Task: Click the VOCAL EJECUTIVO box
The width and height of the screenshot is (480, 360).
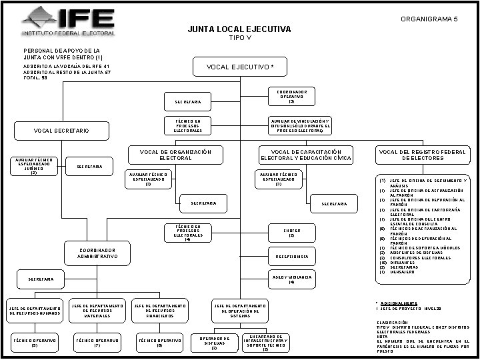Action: pos(240,67)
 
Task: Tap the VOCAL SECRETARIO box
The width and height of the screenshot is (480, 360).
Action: pos(61,131)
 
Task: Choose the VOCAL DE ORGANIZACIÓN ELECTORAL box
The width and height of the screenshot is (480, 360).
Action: pos(176,155)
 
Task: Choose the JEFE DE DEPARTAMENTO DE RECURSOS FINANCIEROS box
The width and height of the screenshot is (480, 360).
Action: pos(159,311)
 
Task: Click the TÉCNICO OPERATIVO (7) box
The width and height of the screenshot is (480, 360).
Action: pos(97,343)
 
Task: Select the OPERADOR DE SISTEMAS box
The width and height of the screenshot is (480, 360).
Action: pos(215,343)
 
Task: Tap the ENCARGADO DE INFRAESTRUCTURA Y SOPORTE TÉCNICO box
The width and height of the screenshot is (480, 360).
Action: pos(265,343)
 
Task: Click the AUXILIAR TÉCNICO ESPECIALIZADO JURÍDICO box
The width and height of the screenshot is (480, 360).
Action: pos(34,166)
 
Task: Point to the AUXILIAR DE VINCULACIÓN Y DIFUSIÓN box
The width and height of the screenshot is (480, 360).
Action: pos(291,126)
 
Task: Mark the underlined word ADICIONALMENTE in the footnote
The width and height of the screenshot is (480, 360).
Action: pos(399,303)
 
